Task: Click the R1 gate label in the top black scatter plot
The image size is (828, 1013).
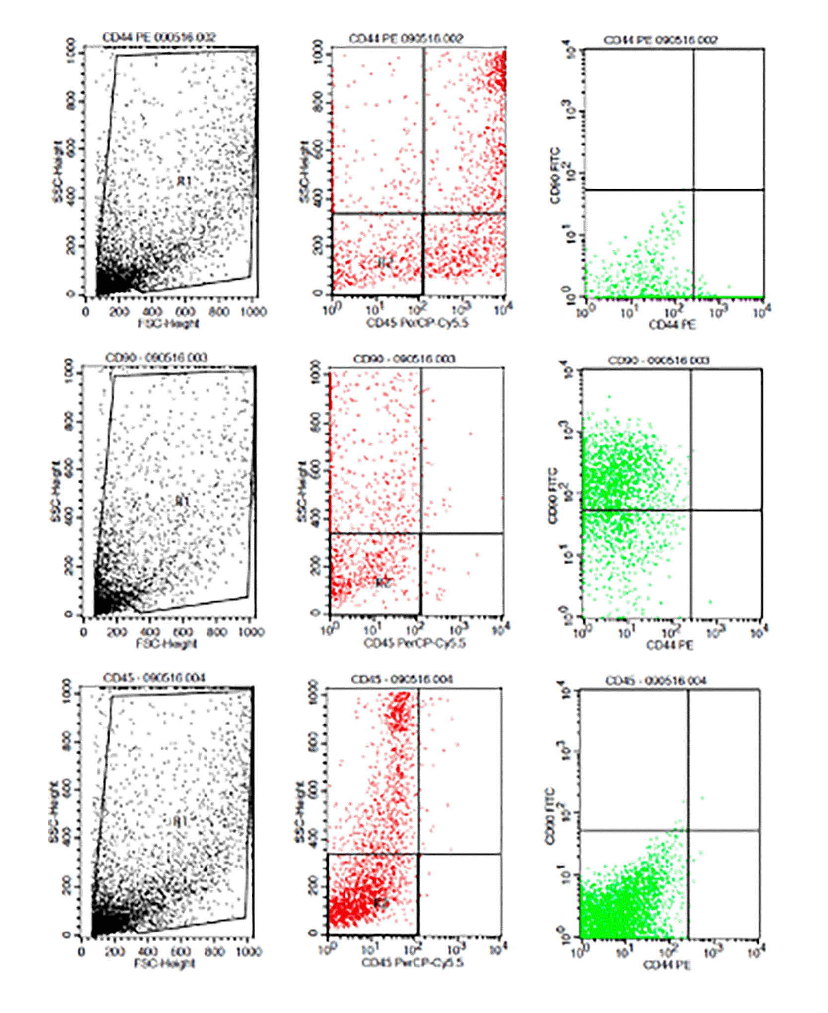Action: click(x=185, y=181)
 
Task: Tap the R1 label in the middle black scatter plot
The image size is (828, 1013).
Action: click(x=182, y=502)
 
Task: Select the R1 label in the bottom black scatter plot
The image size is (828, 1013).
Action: click(x=180, y=822)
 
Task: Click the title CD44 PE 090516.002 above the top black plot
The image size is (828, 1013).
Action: click(x=159, y=37)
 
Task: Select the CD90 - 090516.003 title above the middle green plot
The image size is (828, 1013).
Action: click(x=659, y=360)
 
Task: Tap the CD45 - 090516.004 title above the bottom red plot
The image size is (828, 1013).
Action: click(x=402, y=679)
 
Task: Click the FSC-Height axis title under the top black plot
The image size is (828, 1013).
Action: click(x=169, y=324)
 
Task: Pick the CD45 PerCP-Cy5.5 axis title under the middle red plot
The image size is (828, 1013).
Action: click(x=415, y=643)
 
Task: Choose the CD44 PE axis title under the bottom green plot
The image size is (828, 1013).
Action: click(x=667, y=965)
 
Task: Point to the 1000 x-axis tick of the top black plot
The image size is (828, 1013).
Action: click(x=253, y=312)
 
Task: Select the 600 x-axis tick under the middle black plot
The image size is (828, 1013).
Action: click(x=184, y=632)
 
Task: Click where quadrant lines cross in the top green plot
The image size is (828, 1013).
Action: click(x=694, y=190)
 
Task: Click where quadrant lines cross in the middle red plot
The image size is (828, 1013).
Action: click(x=421, y=534)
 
